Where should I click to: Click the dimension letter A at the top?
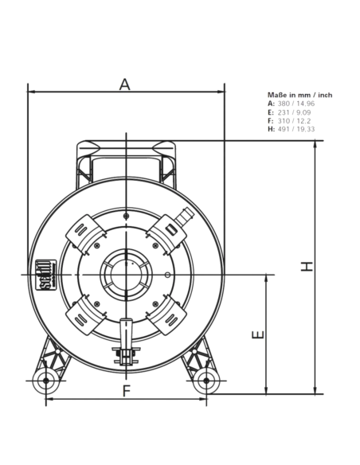point(125,84)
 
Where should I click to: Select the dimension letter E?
point(258,334)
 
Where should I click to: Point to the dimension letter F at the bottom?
point(127,391)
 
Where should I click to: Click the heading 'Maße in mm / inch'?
point(299,95)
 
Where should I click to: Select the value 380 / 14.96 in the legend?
point(296,104)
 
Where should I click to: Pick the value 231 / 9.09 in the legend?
point(294,112)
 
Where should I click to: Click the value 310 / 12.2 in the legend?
point(294,121)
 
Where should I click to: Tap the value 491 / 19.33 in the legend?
point(296,129)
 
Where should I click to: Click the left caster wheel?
point(45,381)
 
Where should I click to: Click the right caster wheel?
point(206,381)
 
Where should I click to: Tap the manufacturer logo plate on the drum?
point(46,275)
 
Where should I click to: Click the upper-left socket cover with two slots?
point(85,234)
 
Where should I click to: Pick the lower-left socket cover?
point(85,315)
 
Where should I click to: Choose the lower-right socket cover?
point(167,315)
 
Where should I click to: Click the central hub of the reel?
point(126,275)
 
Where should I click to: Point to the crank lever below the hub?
point(126,341)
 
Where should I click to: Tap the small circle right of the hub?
point(167,275)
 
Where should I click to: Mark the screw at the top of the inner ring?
point(127,217)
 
